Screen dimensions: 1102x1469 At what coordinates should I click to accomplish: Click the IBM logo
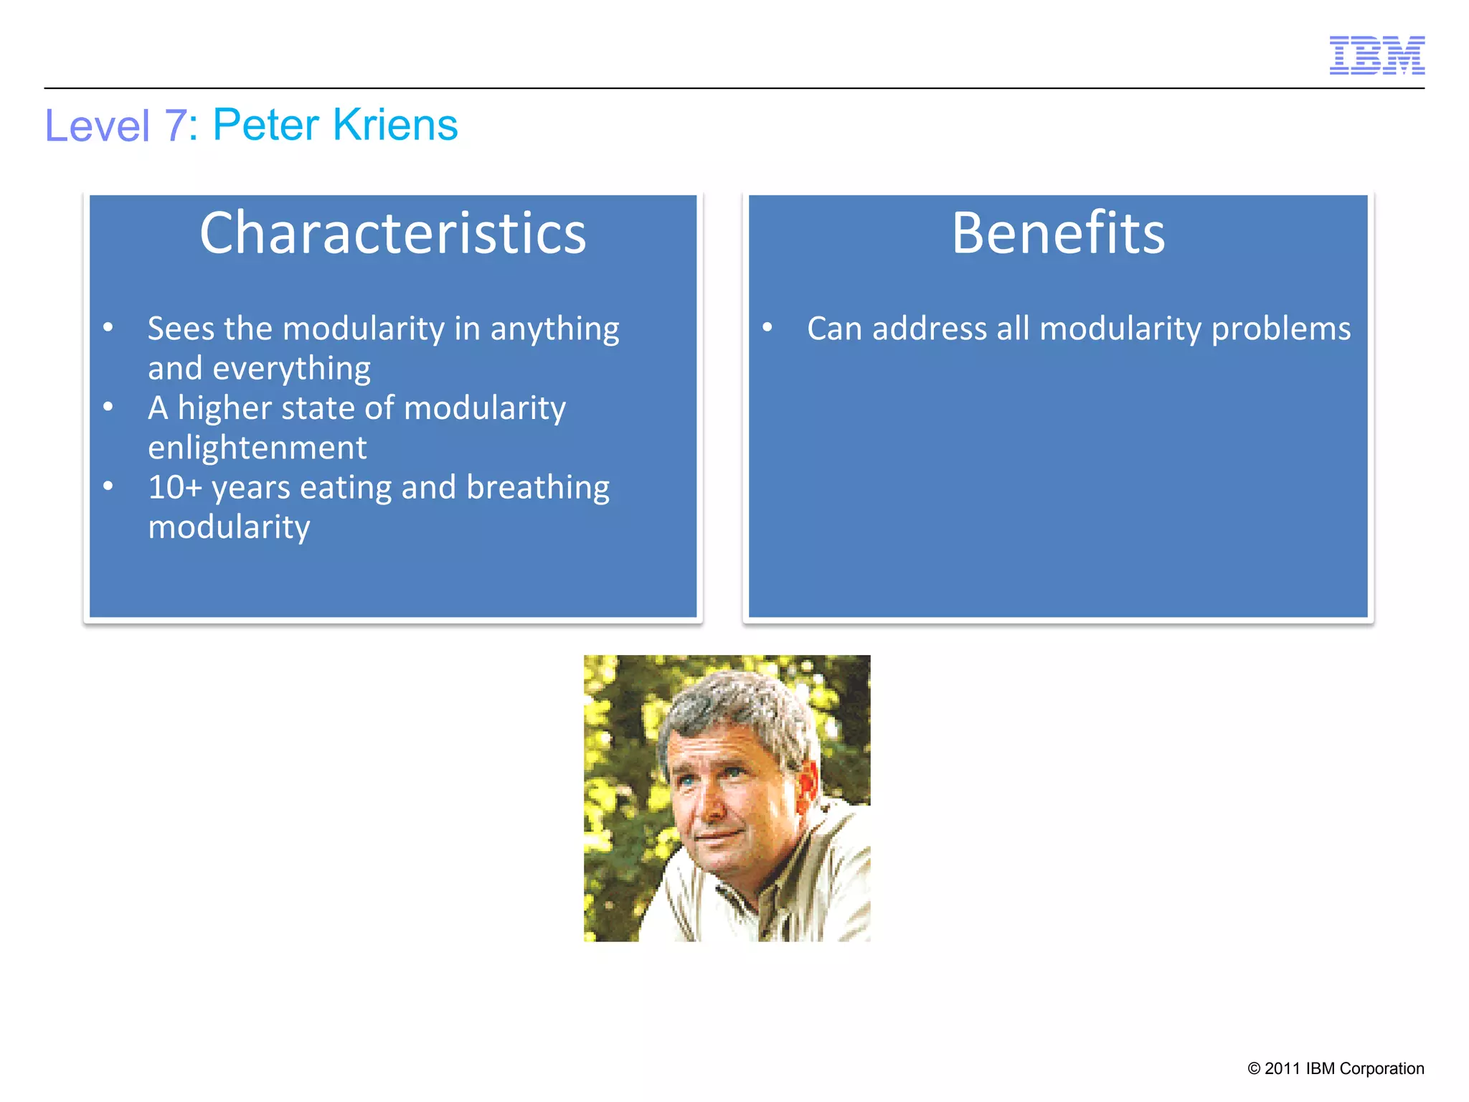(1376, 55)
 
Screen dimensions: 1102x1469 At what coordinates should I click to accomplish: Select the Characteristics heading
(392, 233)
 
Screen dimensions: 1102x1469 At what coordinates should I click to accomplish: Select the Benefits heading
(1058, 233)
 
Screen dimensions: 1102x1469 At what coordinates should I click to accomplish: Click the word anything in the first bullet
(554, 329)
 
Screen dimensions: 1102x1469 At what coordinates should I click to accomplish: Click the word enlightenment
(258, 448)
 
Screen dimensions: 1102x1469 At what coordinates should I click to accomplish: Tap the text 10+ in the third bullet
(174, 488)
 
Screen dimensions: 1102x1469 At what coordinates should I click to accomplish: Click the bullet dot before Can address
(767, 328)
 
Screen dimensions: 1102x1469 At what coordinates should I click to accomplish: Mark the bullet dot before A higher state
(108, 408)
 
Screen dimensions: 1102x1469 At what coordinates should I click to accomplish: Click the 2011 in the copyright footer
(1282, 1068)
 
